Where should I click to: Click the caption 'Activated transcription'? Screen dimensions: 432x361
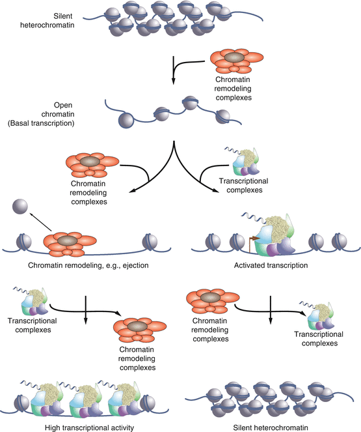point(271,266)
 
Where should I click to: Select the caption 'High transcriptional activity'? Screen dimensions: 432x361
point(89,427)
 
